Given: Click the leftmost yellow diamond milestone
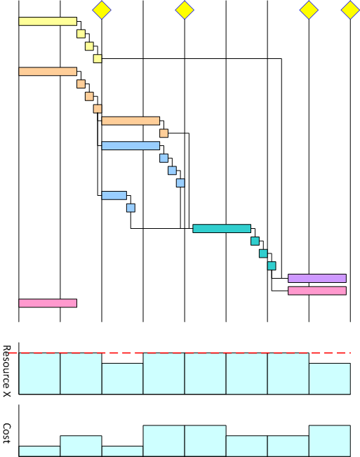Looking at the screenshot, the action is [x=102, y=10].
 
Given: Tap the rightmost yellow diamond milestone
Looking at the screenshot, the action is [x=350, y=10].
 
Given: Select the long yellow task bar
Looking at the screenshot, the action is [x=48, y=21].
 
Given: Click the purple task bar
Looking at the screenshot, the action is [x=317, y=278].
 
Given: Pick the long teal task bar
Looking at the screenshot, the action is [x=222, y=229].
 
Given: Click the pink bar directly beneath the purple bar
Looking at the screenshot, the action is [x=317, y=291].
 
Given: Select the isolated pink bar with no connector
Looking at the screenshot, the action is [x=48, y=303].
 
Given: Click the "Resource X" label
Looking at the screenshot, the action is [x=7, y=371].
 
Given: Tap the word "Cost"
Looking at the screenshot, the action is [x=7, y=433].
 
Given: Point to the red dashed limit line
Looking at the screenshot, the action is [x=180, y=353].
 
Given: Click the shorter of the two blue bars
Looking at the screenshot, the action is [x=114, y=195].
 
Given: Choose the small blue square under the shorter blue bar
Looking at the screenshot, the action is [x=131, y=208].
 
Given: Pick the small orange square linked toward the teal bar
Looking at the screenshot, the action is [x=164, y=133].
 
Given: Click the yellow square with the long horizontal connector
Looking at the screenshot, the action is [x=98, y=58].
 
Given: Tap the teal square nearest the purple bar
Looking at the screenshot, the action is [x=272, y=266].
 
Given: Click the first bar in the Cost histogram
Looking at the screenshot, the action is [x=39, y=451].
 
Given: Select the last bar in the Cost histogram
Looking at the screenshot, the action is [x=330, y=441].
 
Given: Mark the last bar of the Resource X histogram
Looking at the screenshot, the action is [x=330, y=379].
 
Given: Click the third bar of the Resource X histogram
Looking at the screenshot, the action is [x=122, y=379].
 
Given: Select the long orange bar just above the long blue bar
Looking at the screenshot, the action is [x=131, y=121].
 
